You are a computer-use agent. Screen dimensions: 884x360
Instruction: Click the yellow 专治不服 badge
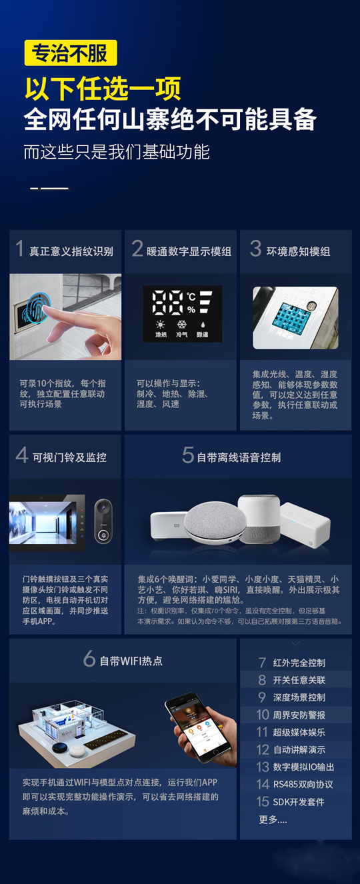(x=70, y=53)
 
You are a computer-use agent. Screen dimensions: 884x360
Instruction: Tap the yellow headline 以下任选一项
(x=103, y=89)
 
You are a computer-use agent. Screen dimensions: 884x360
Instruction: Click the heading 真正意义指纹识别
(x=71, y=251)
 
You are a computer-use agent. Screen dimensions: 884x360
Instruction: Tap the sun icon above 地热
(x=161, y=324)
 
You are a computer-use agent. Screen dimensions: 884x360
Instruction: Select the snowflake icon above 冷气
(x=181, y=324)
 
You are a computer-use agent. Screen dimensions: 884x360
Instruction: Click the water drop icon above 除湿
(x=201, y=324)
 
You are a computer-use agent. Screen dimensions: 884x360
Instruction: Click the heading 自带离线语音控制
(x=239, y=457)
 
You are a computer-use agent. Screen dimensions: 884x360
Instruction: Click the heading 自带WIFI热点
(x=131, y=661)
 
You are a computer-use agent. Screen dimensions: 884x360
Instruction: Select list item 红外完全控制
(x=299, y=663)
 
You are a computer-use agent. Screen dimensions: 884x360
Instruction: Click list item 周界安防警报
(x=299, y=715)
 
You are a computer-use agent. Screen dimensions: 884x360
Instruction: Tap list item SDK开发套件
(x=299, y=801)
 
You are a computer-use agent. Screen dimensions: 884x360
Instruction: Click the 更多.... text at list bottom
(x=273, y=819)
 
